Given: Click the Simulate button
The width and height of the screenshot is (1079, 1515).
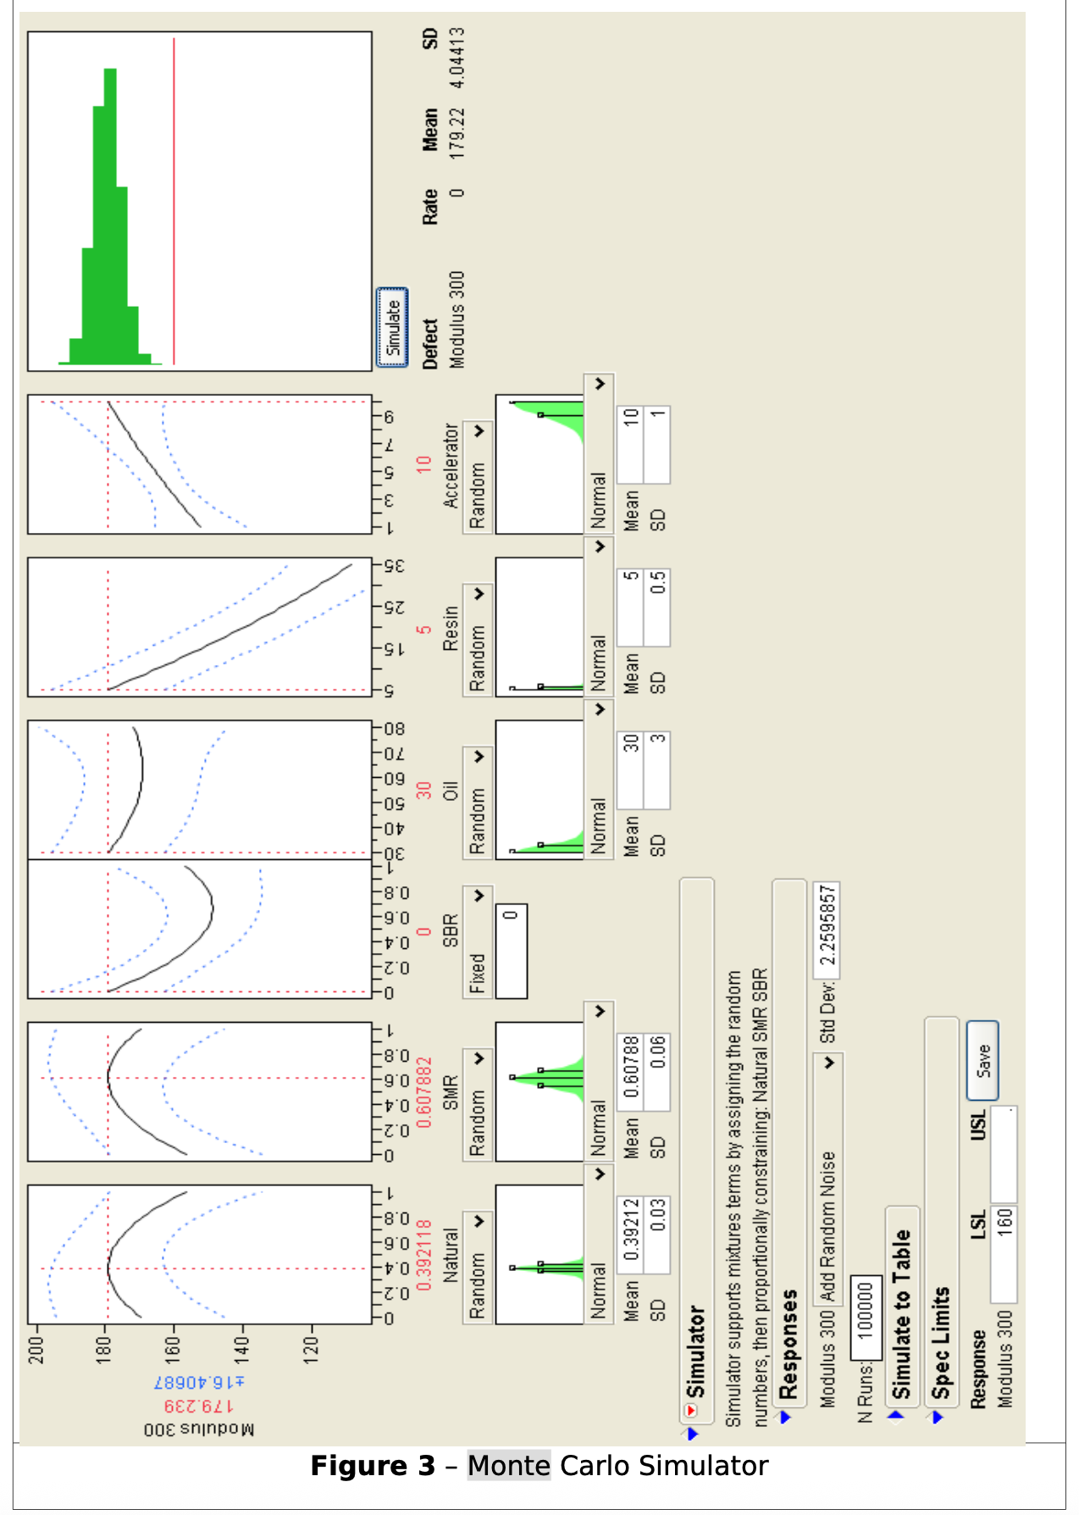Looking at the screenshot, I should click(x=392, y=328).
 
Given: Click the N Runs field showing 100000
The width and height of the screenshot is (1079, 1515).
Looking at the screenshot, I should click(x=866, y=1308).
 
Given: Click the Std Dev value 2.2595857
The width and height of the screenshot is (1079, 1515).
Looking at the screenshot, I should click(x=827, y=924).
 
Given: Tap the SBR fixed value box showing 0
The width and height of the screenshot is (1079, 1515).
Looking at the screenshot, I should click(x=511, y=950).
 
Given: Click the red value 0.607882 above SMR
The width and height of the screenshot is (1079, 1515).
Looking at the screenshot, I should click(x=424, y=1092).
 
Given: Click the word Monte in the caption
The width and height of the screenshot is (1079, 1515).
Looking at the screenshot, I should click(x=509, y=1465).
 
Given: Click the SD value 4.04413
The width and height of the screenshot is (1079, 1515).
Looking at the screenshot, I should click(x=457, y=58).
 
